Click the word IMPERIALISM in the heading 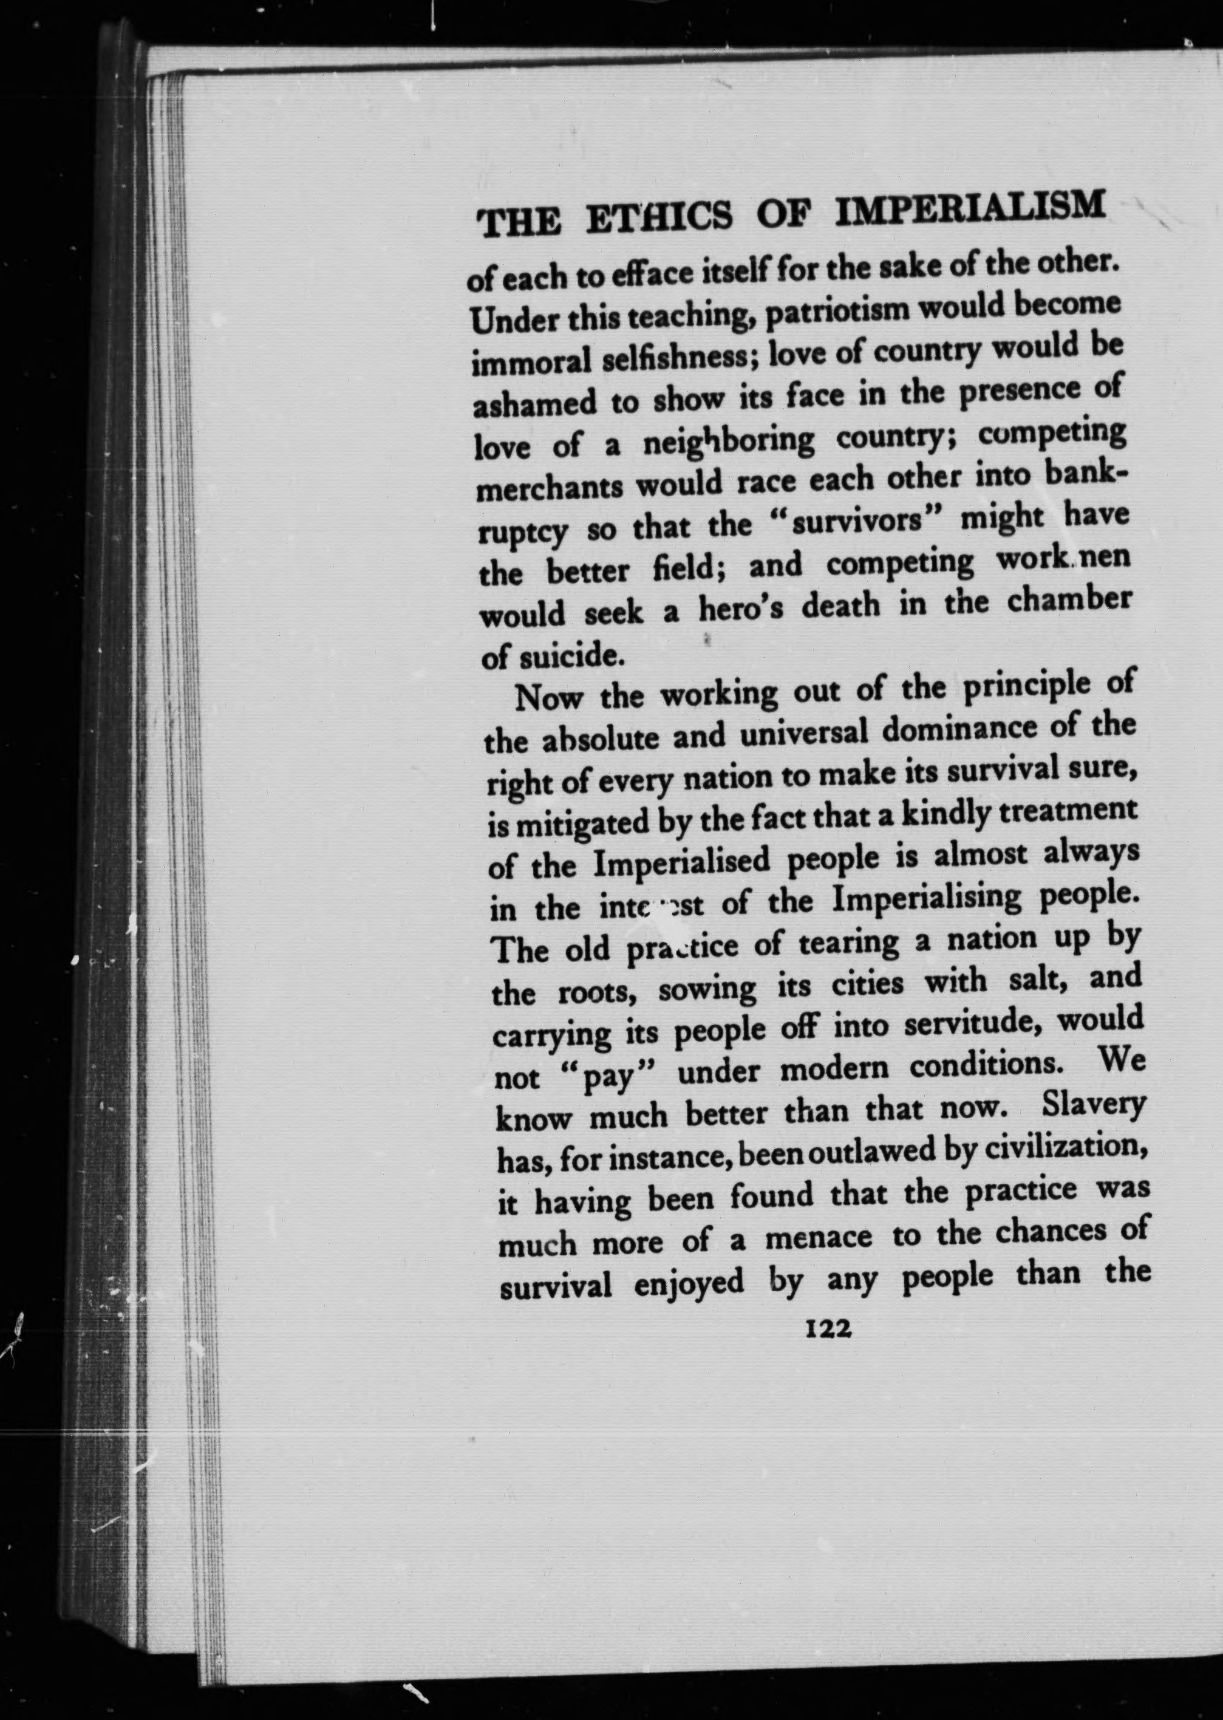(971, 208)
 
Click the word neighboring (728, 442)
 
